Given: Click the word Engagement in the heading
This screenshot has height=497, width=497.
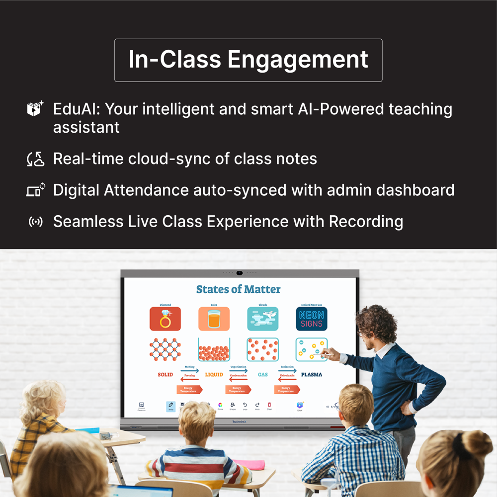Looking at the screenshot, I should (x=298, y=60).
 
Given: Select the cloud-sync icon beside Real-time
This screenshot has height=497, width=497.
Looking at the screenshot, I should (x=36, y=159).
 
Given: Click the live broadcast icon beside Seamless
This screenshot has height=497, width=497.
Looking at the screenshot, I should (x=36, y=222).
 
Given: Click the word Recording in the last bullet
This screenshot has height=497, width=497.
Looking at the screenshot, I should (x=366, y=221).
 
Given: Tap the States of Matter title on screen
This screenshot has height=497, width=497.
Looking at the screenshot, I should (x=238, y=289).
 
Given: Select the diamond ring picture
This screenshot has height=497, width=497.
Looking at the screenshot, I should (x=165, y=319).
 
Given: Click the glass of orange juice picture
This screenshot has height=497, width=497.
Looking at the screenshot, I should (x=214, y=319).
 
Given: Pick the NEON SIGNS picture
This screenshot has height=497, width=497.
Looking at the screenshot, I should (x=312, y=319).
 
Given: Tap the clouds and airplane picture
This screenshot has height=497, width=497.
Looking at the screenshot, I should (x=262, y=319).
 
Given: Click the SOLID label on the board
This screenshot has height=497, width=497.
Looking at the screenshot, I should (x=166, y=374).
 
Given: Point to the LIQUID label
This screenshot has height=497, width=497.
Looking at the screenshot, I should (x=214, y=374).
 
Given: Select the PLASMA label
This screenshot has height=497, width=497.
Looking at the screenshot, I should (x=312, y=374).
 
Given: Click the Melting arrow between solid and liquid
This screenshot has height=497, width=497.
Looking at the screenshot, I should (x=190, y=370).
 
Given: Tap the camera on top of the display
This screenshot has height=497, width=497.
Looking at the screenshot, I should (x=240, y=272).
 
